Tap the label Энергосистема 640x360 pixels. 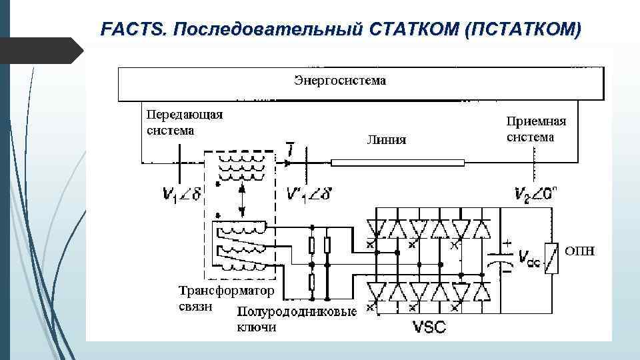point(340,81)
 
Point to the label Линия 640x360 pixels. point(387,139)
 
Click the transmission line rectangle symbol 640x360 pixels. point(397,162)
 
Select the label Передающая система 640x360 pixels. point(185,122)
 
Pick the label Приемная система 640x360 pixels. point(536,129)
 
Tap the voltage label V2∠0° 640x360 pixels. point(537,194)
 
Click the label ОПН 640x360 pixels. point(580,251)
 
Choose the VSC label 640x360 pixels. point(431,327)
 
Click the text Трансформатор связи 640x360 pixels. point(227,298)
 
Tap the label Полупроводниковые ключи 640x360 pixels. point(297,319)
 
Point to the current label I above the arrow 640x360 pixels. point(290,150)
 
